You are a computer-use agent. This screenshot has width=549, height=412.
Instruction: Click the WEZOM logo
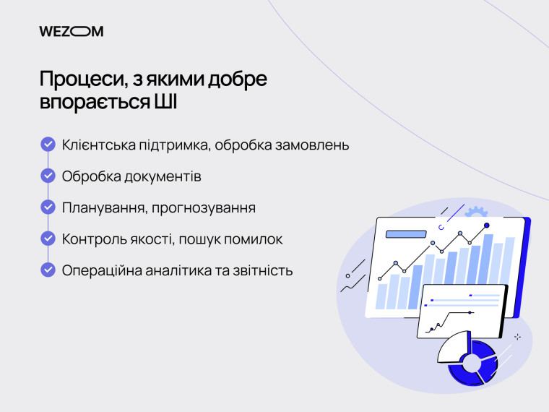tap(71, 31)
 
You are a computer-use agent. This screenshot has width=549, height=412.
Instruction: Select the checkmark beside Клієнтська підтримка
tap(48, 145)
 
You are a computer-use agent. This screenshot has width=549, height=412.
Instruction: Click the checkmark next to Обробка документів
tap(48, 176)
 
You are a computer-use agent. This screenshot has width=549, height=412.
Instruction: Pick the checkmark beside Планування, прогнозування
tap(48, 207)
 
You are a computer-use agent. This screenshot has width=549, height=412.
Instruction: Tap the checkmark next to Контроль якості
tap(48, 239)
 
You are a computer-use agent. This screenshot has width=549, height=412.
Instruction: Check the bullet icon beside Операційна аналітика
tap(48, 270)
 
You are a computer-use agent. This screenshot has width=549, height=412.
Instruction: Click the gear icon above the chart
tap(475, 212)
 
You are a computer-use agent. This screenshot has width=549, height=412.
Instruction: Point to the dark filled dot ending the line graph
tap(485, 226)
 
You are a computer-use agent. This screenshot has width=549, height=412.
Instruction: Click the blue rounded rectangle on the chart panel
tap(407, 233)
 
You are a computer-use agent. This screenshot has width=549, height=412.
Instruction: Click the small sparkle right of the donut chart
tap(517, 337)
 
